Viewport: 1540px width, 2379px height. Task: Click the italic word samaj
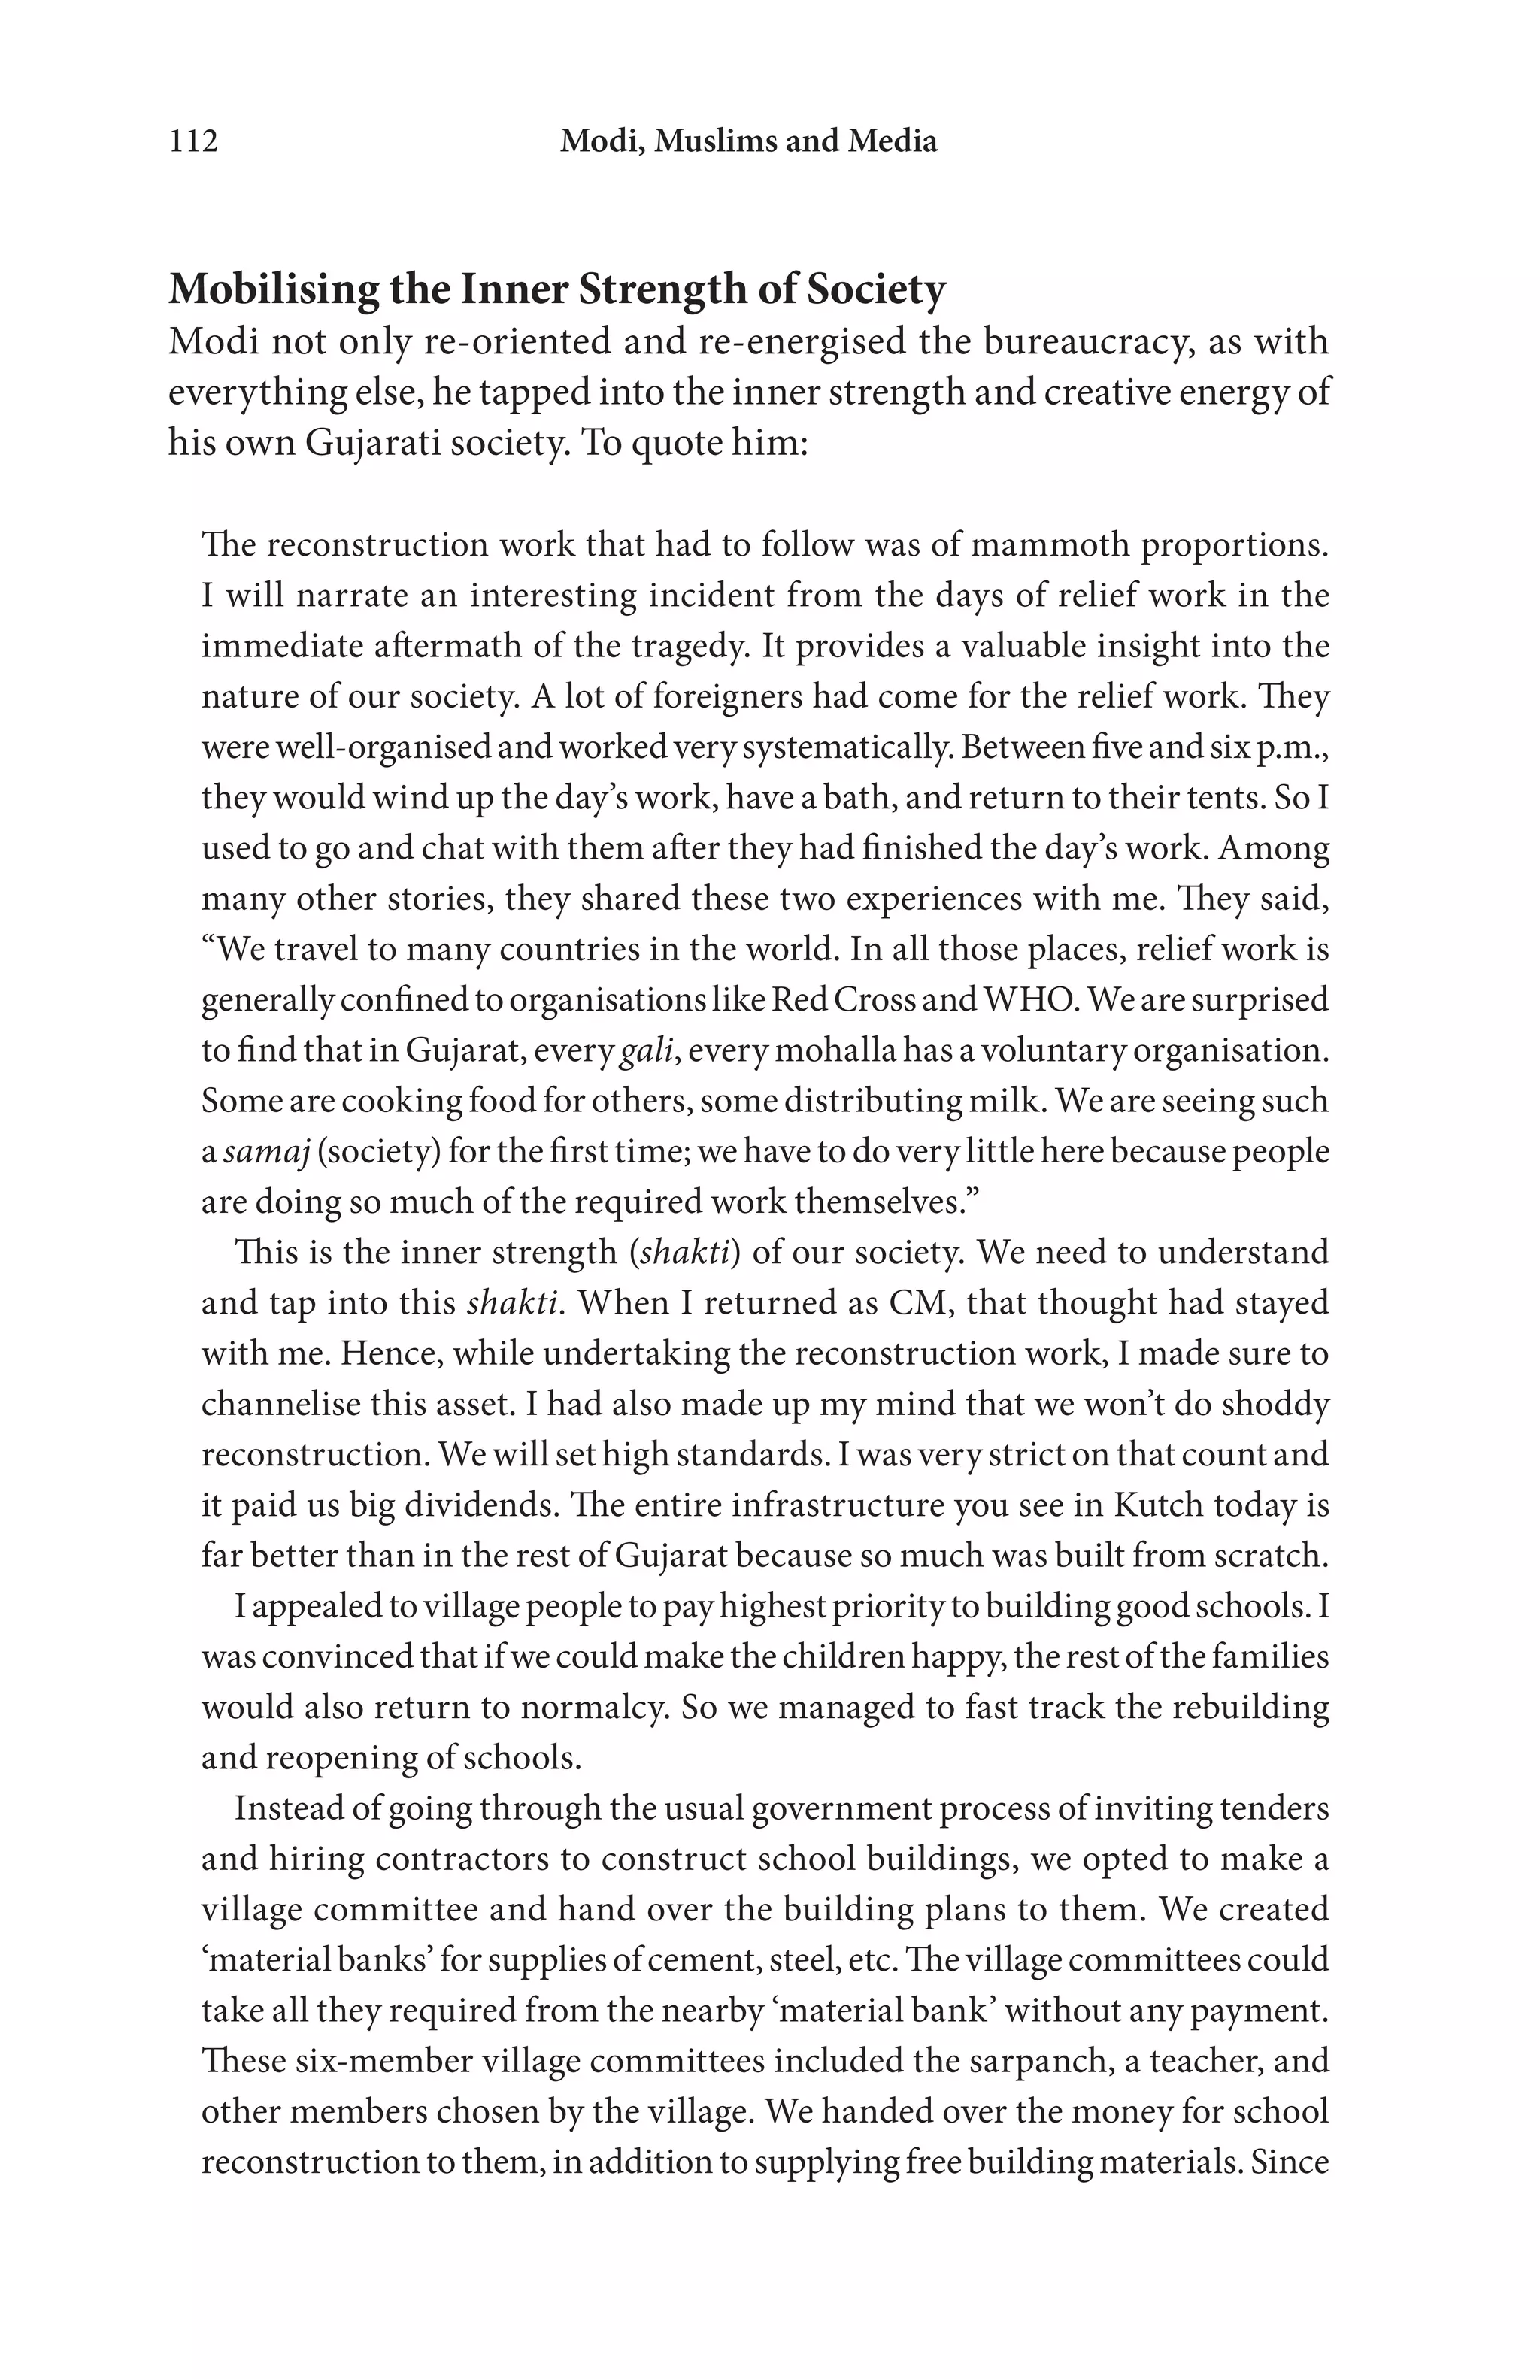(265, 1151)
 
